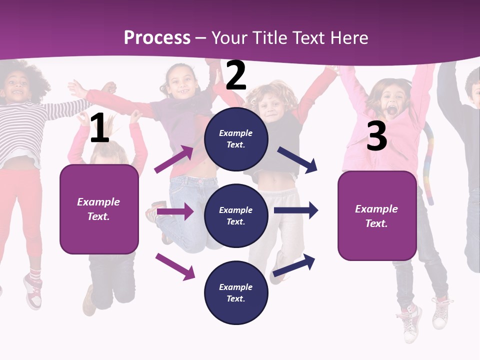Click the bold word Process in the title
(x=157, y=37)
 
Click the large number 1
(x=99, y=128)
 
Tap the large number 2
(x=236, y=75)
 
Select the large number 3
(x=376, y=136)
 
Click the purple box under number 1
(x=99, y=209)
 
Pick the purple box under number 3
(x=377, y=216)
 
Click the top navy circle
(x=236, y=139)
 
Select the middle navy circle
(x=236, y=216)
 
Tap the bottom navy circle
(x=236, y=293)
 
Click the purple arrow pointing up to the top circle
(x=174, y=159)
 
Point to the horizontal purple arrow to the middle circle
(x=175, y=211)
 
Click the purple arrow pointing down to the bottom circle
(x=175, y=266)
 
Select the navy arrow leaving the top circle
(x=297, y=160)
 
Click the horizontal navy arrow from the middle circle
(x=296, y=210)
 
